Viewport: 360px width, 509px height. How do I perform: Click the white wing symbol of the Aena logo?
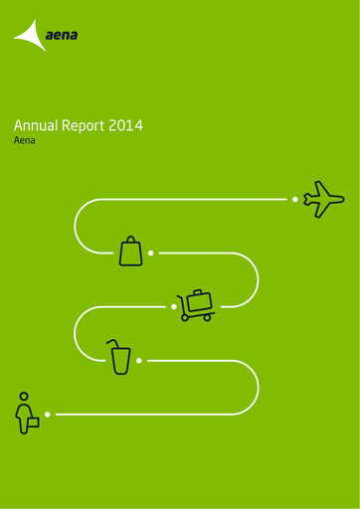31,37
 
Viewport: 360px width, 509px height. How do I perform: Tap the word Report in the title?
87,126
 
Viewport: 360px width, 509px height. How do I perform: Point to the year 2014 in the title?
127,126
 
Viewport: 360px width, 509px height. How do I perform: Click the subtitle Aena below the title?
24,143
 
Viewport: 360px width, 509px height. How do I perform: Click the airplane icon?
323,199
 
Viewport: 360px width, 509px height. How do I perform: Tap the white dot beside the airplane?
294,199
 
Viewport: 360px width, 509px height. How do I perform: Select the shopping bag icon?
131,252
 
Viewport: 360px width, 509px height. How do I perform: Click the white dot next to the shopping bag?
150,253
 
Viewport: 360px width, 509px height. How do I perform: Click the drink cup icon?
120,358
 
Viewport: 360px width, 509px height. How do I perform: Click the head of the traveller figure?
22,397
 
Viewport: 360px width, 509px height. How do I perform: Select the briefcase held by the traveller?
33,422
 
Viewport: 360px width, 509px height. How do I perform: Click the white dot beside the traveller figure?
47,413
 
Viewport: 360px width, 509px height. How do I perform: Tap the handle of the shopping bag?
131,240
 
